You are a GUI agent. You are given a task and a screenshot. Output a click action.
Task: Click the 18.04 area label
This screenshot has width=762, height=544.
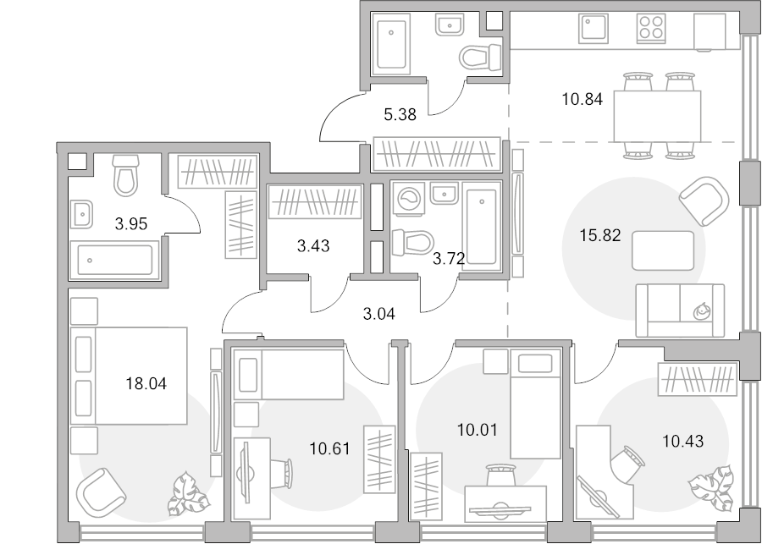click(146, 384)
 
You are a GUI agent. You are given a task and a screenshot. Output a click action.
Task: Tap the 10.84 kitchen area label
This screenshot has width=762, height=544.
click(583, 99)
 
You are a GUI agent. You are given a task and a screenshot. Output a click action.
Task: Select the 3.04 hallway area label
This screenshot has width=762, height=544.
click(379, 314)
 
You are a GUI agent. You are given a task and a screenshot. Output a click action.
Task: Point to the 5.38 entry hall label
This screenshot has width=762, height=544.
click(400, 114)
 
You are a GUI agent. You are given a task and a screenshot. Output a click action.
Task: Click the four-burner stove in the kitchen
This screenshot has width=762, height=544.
click(651, 27)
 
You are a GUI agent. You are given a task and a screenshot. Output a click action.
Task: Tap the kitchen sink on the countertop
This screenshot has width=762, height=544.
click(594, 28)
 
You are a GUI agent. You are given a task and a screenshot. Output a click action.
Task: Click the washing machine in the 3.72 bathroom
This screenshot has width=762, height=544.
click(408, 199)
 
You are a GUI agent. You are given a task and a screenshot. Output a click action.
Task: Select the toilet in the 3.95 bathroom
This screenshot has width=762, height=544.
click(126, 175)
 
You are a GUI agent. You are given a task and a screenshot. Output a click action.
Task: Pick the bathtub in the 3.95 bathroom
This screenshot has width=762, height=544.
click(114, 260)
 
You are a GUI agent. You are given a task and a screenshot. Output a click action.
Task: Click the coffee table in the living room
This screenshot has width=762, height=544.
click(663, 250)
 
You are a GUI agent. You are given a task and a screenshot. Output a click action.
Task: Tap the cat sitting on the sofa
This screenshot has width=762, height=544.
click(701, 310)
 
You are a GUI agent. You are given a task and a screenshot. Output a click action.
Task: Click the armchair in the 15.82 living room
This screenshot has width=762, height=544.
click(704, 201)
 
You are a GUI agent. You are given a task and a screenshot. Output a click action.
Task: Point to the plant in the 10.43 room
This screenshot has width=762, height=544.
click(710, 487)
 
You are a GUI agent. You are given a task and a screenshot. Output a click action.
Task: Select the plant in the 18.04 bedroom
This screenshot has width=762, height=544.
click(189, 493)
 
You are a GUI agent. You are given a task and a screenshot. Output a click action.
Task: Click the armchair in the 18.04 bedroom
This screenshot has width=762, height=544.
click(101, 492)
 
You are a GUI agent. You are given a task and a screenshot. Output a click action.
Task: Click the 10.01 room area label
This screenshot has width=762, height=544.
click(478, 430)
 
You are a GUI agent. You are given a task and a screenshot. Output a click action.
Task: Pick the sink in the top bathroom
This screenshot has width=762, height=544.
click(450, 25)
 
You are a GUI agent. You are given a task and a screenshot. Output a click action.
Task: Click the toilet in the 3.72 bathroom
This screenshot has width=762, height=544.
click(413, 241)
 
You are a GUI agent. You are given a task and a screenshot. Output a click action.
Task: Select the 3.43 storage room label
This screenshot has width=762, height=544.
click(313, 246)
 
